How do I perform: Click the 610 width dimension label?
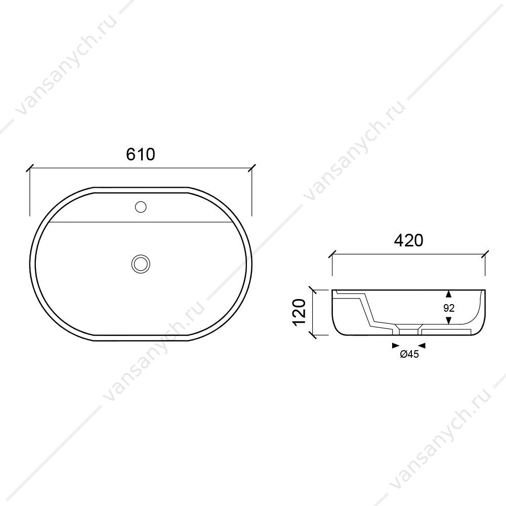tap(140, 154)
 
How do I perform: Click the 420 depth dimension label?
tap(408, 240)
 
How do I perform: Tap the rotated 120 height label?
tap(299, 313)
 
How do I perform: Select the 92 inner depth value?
tap(449, 308)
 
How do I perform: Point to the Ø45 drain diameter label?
tap(409, 354)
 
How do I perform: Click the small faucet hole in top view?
tap(141, 207)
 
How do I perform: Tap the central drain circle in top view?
tap(141, 264)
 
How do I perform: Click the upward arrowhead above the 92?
tap(448, 293)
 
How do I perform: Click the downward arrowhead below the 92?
tap(448, 320)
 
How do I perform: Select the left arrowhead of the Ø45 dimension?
tap(396, 346)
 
